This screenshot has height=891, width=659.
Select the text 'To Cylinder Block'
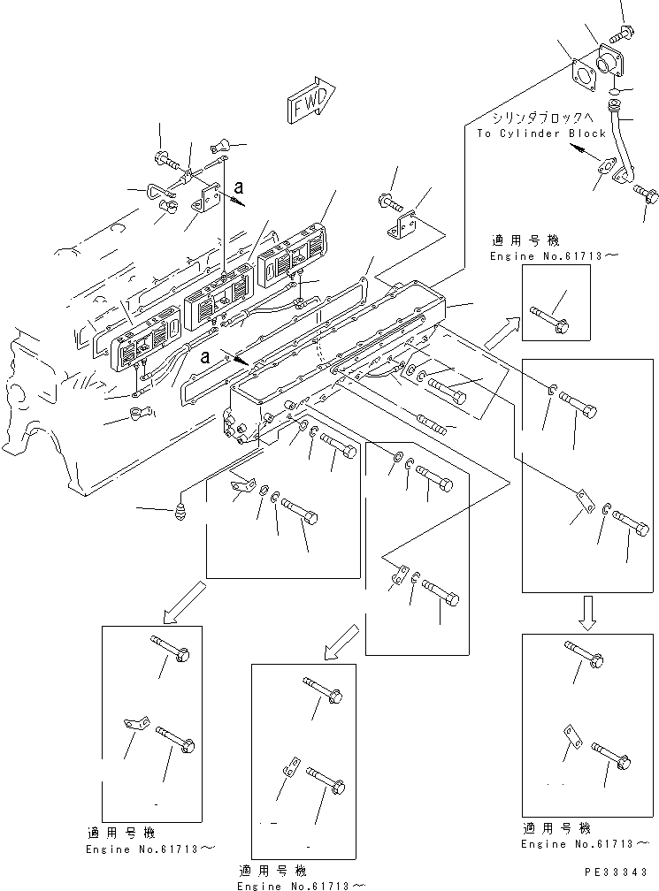coord(541,133)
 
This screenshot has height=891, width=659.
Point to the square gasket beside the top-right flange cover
coord(583,71)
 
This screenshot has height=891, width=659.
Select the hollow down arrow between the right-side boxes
coord(587,610)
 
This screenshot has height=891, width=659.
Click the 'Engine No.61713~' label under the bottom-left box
coord(149,848)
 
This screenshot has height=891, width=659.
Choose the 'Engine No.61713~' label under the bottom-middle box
coord(302,884)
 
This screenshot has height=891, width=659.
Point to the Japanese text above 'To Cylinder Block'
coord(544,117)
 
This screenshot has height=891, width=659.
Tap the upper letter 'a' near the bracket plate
coord(239,188)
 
